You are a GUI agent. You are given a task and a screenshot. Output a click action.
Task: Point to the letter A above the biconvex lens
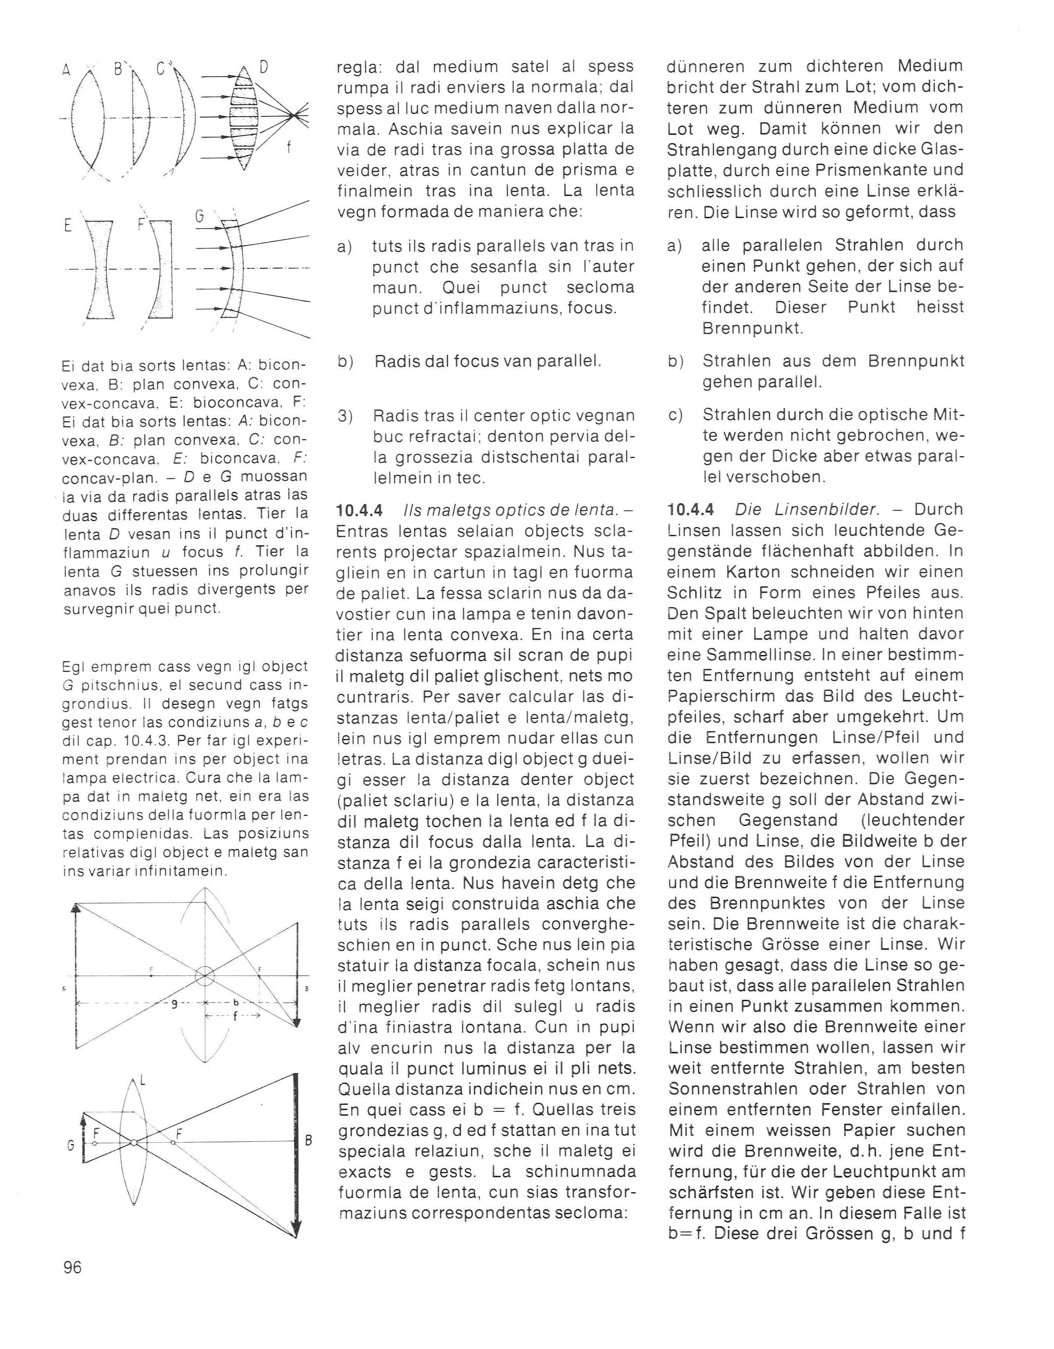(x=67, y=70)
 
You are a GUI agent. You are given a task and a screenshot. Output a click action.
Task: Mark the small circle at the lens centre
(x=204, y=976)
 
